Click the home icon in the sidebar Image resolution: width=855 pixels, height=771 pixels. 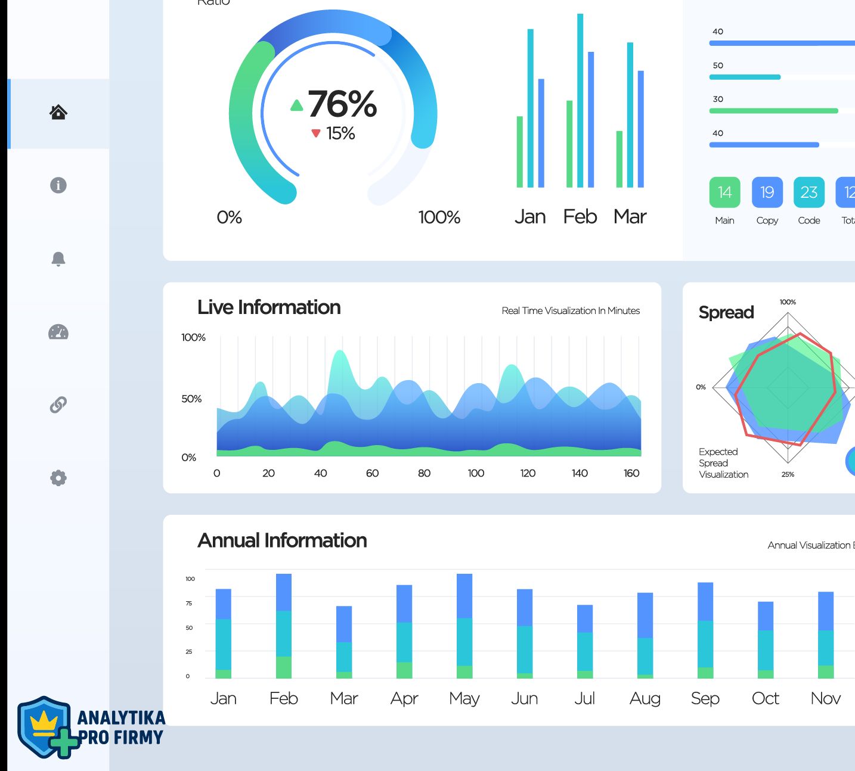coord(58,112)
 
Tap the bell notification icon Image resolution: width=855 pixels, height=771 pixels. coord(58,259)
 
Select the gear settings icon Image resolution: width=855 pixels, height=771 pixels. coord(58,478)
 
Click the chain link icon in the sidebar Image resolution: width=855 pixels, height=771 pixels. coord(58,405)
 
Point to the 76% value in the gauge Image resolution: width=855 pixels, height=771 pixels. coord(342,104)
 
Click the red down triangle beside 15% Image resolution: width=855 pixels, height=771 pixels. coord(316,133)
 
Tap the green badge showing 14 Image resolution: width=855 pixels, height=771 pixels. coord(724,192)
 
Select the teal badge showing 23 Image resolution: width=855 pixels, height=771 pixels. coord(809,192)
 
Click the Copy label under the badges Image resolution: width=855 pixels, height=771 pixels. coord(767,220)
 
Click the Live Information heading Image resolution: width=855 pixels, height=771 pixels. coord(269,307)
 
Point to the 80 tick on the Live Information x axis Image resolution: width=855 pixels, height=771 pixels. coord(424,473)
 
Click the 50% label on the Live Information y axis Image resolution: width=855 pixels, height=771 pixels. coord(191,399)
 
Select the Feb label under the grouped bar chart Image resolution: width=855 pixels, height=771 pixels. coord(580,216)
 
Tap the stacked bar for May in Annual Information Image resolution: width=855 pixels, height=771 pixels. coord(464,626)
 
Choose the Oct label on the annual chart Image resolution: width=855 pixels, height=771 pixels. coord(766,698)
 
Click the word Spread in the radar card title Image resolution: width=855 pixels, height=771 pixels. coord(726,312)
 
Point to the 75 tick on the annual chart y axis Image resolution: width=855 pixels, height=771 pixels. coord(189,603)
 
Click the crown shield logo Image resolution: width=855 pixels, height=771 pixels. coord(45,727)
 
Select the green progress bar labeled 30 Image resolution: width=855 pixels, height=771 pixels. coord(773,111)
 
